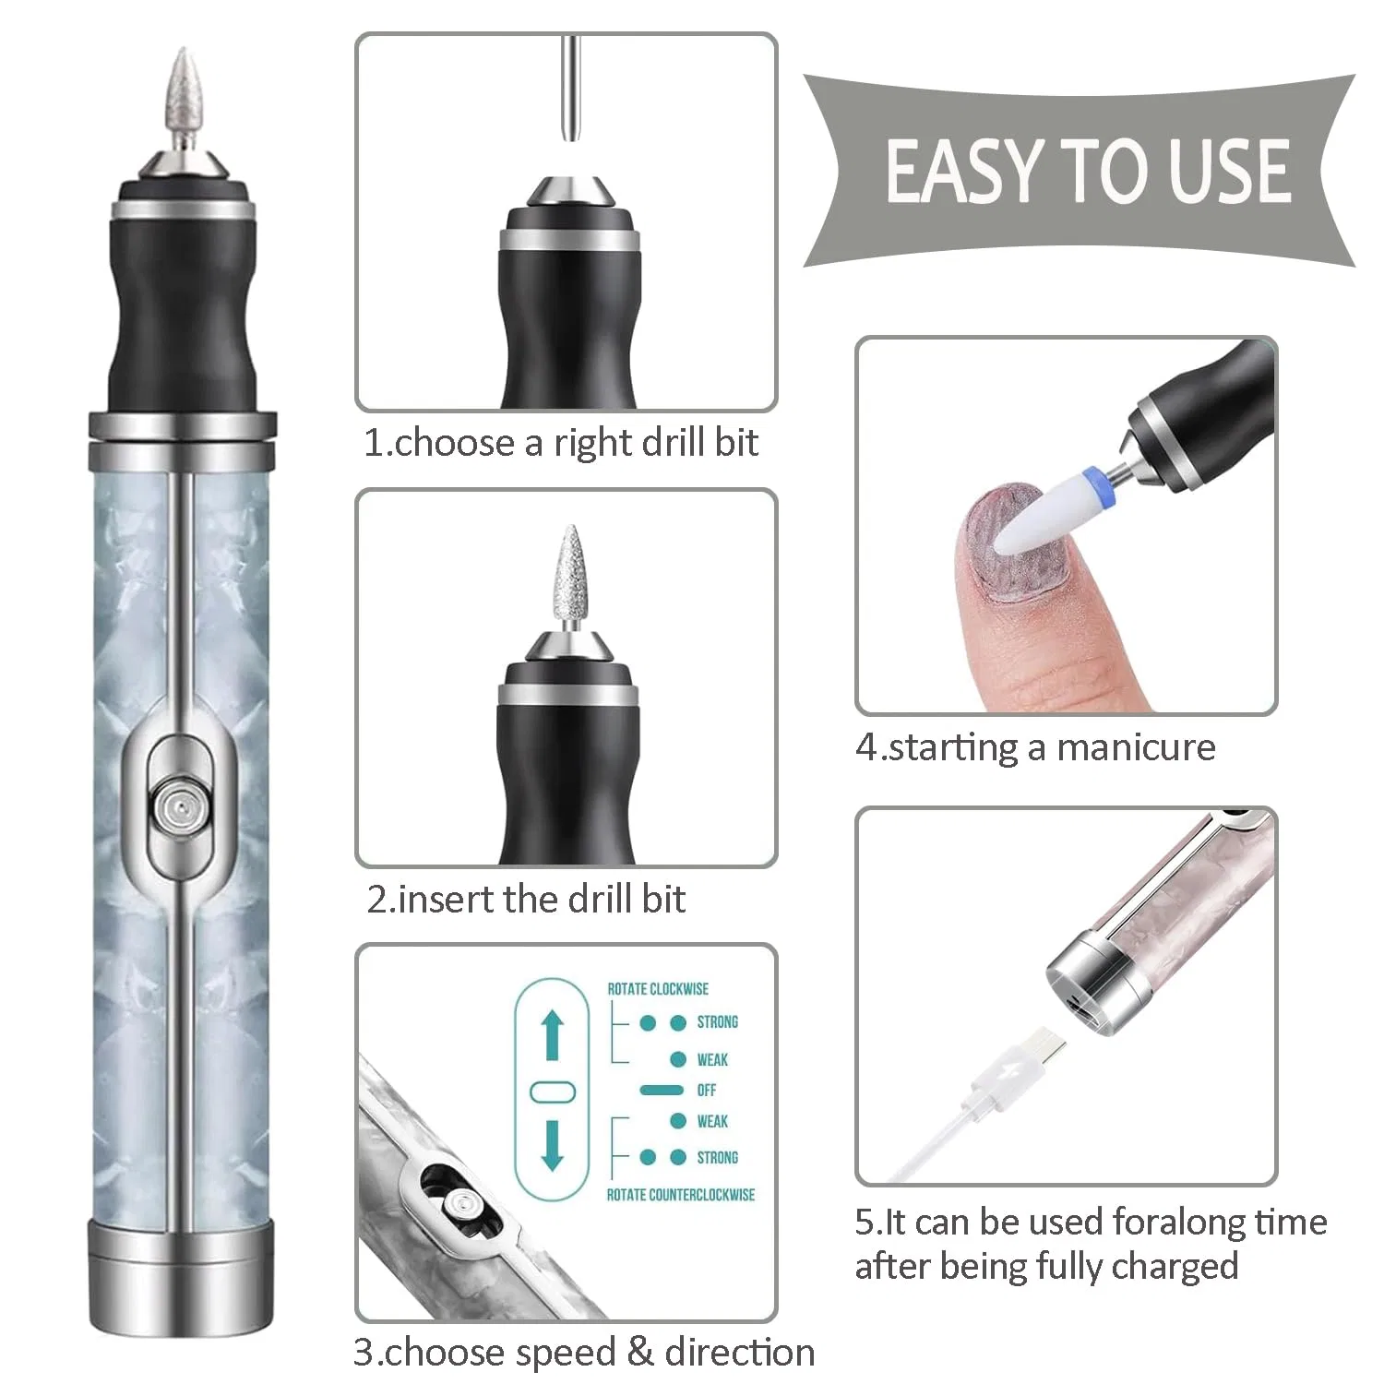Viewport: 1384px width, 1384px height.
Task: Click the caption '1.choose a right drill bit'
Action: [561, 443]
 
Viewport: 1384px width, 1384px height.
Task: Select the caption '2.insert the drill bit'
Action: [527, 899]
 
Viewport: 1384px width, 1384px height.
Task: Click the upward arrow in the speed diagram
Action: [552, 1035]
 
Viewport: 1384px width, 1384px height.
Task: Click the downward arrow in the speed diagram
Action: [552, 1145]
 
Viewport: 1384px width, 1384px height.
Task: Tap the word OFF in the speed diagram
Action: [707, 1091]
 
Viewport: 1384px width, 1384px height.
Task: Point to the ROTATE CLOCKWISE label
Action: [658, 989]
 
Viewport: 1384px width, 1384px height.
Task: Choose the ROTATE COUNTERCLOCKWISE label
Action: [681, 1195]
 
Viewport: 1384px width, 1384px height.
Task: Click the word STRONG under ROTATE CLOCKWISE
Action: [718, 1022]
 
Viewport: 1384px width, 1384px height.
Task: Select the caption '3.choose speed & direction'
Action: [584, 1353]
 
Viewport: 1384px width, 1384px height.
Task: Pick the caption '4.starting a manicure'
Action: [1035, 747]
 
